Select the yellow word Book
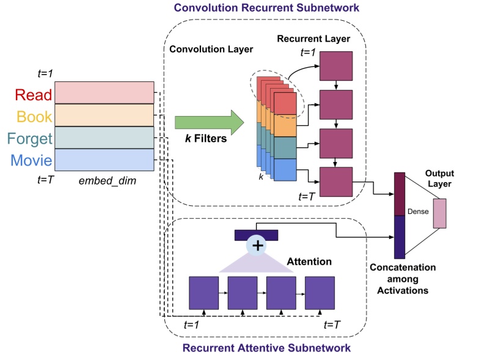tap(34, 116)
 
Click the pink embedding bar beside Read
tap(104, 93)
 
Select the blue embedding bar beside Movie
tap(104, 160)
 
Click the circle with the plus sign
tap(258, 246)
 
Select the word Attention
tap(309, 262)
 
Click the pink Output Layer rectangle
tap(440, 213)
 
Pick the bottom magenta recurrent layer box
tap(336, 182)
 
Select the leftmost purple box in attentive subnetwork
tap(203, 293)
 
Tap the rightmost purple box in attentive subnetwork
tap(320, 293)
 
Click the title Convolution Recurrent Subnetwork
tap(266, 9)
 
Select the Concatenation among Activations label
tap(402, 279)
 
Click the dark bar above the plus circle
tap(257, 235)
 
